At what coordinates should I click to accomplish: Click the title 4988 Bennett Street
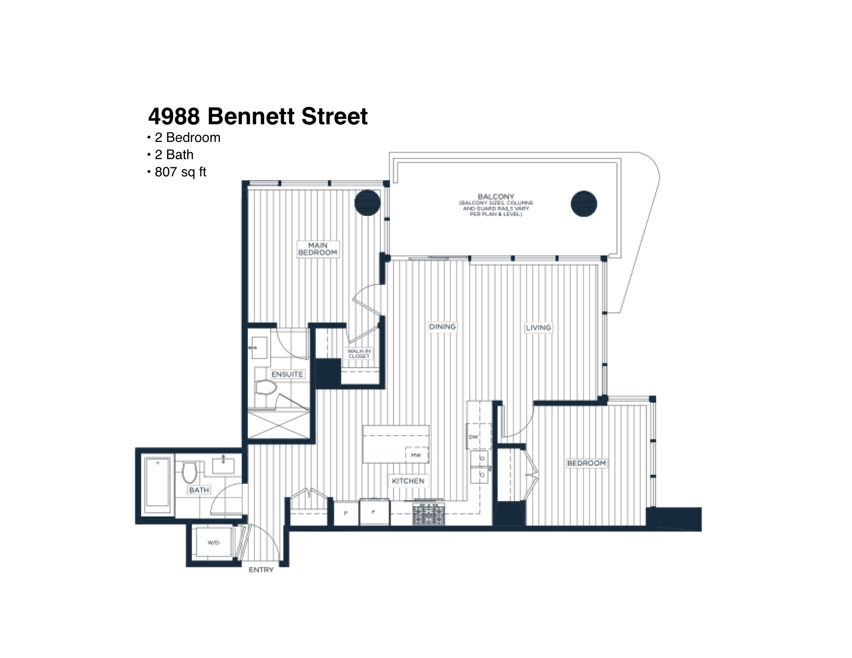pyautogui.click(x=258, y=116)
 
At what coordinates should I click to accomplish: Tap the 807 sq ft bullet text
pyautogui.click(x=180, y=172)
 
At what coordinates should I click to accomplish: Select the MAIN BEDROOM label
pyautogui.click(x=318, y=249)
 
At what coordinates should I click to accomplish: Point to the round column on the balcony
pyautogui.click(x=583, y=203)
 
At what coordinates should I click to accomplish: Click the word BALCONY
pyautogui.click(x=496, y=197)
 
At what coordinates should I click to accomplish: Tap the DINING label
pyautogui.click(x=442, y=327)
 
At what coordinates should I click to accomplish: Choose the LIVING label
pyautogui.click(x=538, y=328)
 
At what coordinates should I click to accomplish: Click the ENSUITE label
pyautogui.click(x=287, y=375)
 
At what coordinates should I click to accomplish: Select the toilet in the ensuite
pyautogui.click(x=265, y=387)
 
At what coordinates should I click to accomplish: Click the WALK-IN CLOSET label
pyautogui.click(x=359, y=354)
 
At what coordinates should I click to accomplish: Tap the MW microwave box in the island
pyautogui.click(x=416, y=455)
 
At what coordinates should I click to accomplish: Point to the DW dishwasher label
pyautogui.click(x=473, y=437)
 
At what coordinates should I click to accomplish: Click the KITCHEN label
pyautogui.click(x=408, y=481)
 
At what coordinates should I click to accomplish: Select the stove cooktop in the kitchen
pyautogui.click(x=429, y=513)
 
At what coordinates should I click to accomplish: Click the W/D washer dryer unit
pyautogui.click(x=213, y=543)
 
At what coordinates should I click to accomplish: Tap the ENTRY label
pyautogui.click(x=261, y=570)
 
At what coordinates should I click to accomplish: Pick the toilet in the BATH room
pyautogui.click(x=189, y=472)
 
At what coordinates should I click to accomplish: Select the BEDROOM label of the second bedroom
pyautogui.click(x=586, y=463)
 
